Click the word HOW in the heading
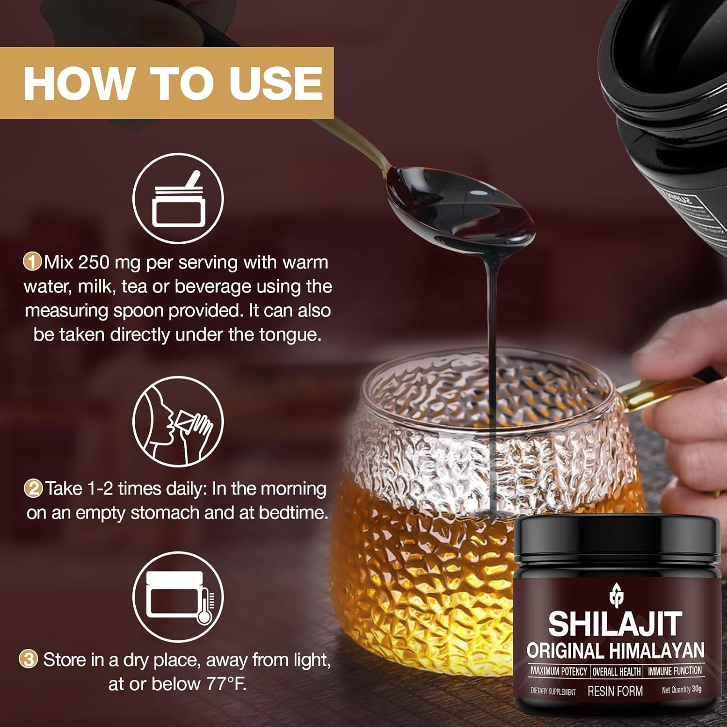click(x=78, y=83)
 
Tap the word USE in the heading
click(x=276, y=83)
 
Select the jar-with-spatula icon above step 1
click(x=178, y=198)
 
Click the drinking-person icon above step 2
click(x=178, y=421)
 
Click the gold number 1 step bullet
click(x=32, y=262)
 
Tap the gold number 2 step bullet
click(x=33, y=488)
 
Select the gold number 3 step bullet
click(x=28, y=660)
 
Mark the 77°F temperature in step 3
click(x=226, y=684)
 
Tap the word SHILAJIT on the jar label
click(x=616, y=624)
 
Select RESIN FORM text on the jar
click(x=615, y=691)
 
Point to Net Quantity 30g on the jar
click(x=681, y=690)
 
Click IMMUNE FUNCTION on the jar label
click(x=675, y=671)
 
